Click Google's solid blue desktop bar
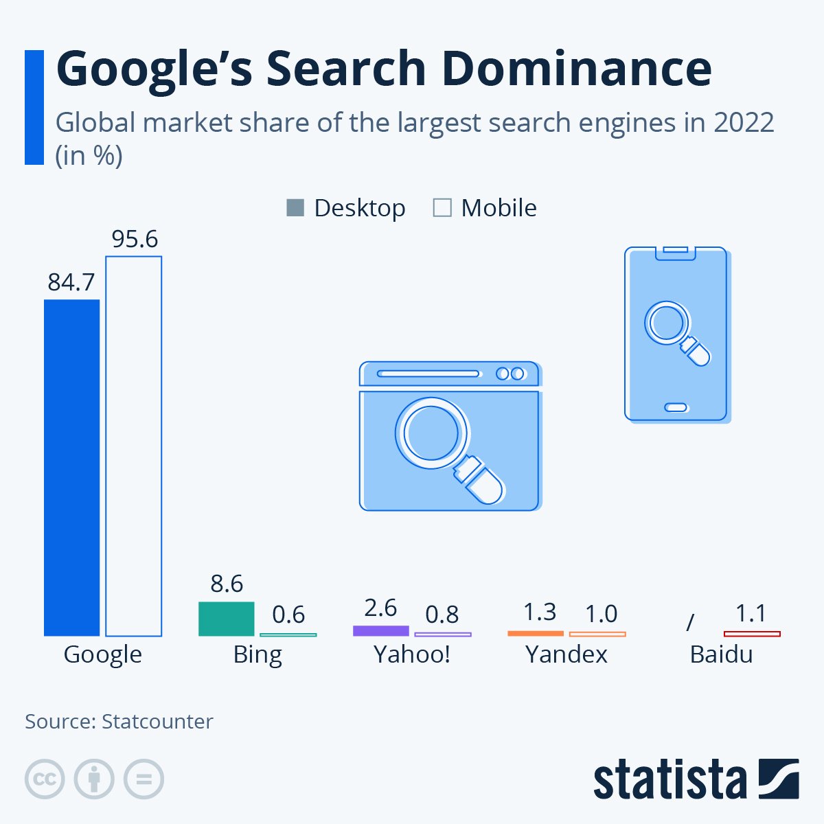coord(71,467)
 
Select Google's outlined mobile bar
coord(133,446)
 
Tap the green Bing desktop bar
coord(226,619)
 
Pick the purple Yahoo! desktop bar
coord(380,630)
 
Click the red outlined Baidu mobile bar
coord(752,633)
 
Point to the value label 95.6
coord(135,239)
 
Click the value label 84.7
coord(71,282)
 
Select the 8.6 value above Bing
coord(227,584)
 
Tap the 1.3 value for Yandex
coord(539,612)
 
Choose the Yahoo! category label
coord(412,654)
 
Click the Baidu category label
coord(721,654)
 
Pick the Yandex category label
coord(566,654)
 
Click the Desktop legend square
coord(295,207)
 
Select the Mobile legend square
coord(442,207)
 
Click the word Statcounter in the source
coord(157,722)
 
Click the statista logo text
coord(669,780)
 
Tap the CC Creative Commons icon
coord(45,779)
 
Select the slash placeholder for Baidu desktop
coord(690,622)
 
